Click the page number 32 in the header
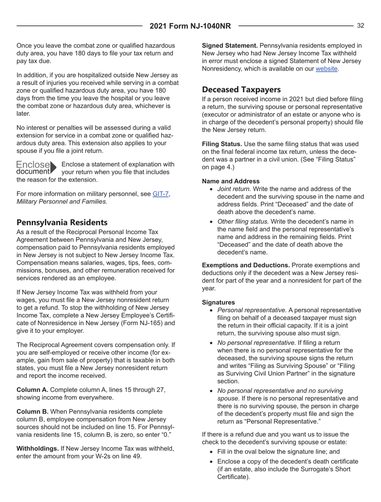pyautogui.click(x=361, y=26)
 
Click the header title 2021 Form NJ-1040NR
pyautogui.click(x=190, y=26)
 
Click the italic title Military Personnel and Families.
pyautogui.click(x=62, y=202)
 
